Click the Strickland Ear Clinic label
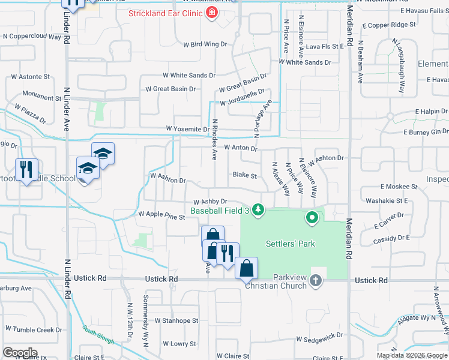click(x=165, y=13)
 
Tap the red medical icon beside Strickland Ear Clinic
click(x=211, y=13)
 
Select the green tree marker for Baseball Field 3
click(x=258, y=209)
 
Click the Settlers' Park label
click(x=290, y=244)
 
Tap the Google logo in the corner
click(x=20, y=352)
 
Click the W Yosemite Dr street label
click(x=188, y=129)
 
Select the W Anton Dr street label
click(x=241, y=148)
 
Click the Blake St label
click(x=245, y=176)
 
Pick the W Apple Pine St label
click(x=161, y=214)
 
